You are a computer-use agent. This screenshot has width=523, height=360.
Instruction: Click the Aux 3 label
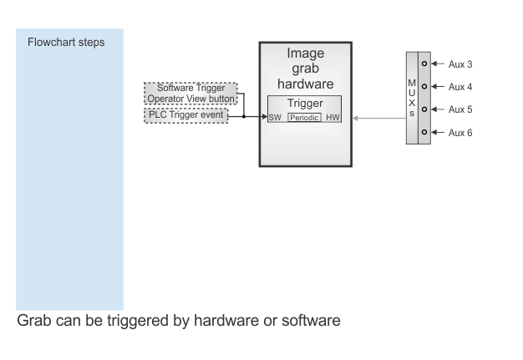tap(460, 64)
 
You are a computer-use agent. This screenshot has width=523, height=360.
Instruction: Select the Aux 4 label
tap(460, 87)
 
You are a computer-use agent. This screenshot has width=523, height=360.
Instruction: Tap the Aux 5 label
tap(460, 109)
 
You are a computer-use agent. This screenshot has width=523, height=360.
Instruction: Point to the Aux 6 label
tap(460, 133)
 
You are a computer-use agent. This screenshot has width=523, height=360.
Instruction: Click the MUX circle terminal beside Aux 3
tap(424, 63)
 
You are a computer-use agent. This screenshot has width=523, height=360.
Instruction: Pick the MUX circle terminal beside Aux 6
tap(424, 132)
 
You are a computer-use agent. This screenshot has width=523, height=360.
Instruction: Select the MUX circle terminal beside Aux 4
tap(424, 86)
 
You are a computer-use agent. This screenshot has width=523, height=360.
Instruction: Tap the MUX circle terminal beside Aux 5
tap(424, 109)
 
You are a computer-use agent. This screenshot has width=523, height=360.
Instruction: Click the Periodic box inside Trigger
tap(305, 117)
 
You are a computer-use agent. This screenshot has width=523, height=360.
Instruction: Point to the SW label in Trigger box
tap(275, 117)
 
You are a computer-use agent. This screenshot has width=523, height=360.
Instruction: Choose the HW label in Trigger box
tap(333, 117)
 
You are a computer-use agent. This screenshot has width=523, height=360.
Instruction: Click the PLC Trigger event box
tap(186, 115)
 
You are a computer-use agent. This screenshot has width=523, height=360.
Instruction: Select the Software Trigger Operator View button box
tap(190, 94)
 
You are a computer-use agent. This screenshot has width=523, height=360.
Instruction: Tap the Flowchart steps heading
tap(66, 43)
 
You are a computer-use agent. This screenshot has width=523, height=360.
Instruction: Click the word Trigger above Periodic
tap(305, 104)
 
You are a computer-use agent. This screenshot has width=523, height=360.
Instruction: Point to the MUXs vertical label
tap(412, 98)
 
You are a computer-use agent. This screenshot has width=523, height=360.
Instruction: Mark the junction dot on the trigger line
tap(244, 116)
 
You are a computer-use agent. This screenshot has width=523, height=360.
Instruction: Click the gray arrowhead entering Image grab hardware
tap(356, 118)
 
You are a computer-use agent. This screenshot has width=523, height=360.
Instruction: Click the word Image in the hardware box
tap(306, 53)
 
